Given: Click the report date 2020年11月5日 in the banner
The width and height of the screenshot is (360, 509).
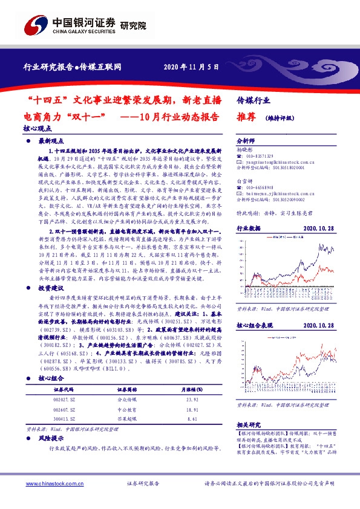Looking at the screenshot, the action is [191, 67].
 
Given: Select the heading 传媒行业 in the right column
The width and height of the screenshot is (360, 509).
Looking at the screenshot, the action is [254, 100].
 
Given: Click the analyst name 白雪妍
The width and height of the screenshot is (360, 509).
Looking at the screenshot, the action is [244, 181].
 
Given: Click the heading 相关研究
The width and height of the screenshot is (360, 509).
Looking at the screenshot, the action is [247, 426].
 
